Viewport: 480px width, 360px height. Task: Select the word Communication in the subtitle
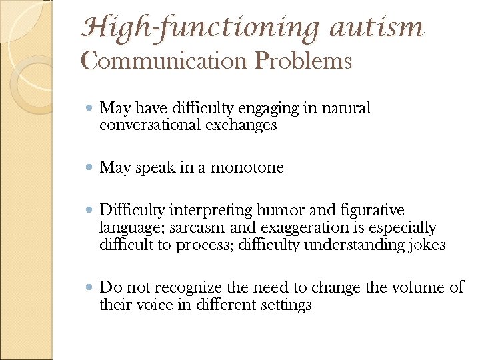click(x=164, y=61)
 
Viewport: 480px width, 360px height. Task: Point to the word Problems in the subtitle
click(x=303, y=61)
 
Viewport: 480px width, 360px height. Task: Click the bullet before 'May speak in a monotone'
click(x=90, y=168)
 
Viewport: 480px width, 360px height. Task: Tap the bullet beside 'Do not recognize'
click(x=90, y=288)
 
